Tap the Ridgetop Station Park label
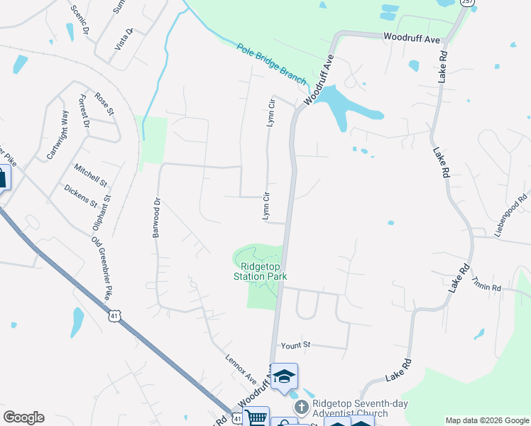[x=261, y=272]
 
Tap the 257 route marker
[x=466, y=2]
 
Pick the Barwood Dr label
[x=158, y=217]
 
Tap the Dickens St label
[x=80, y=196]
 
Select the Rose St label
[x=104, y=104]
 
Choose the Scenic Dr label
[x=80, y=19]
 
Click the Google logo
[x=23, y=417]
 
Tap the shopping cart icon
[x=256, y=417]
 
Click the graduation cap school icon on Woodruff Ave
[x=285, y=376]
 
